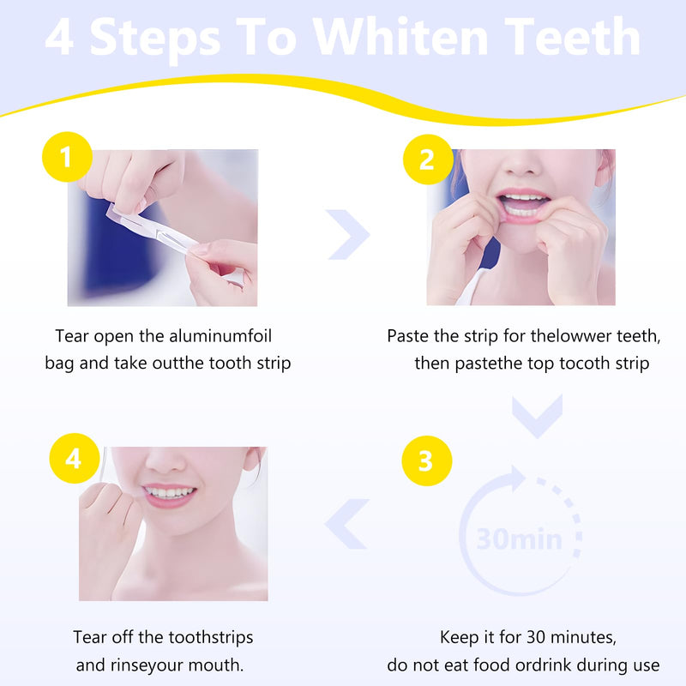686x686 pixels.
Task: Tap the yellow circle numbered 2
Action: pos(427,159)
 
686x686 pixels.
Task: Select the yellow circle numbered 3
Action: pos(426,460)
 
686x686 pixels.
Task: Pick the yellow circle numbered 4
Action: pos(74,460)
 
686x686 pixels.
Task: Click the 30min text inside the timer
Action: pos(520,539)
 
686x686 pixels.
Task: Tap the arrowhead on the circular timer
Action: pos(519,478)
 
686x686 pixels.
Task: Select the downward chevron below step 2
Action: pos(537,414)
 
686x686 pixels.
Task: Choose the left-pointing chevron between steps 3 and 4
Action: pos(347,523)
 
